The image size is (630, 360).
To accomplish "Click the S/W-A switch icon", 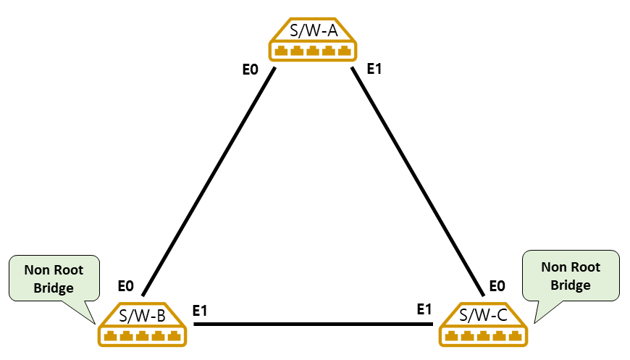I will tap(313, 40).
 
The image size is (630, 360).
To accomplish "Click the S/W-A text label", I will tap(313, 32).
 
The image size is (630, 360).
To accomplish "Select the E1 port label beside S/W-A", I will tap(374, 70).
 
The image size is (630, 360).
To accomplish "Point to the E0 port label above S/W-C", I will tap(497, 286).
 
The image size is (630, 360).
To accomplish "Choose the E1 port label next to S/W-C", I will tap(424, 309).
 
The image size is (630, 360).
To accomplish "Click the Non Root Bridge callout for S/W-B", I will tap(54, 280).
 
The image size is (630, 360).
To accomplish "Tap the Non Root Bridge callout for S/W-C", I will tap(571, 276).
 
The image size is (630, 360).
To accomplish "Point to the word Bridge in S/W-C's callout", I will tap(571, 285).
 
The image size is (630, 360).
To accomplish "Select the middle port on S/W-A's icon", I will tap(313, 51).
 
